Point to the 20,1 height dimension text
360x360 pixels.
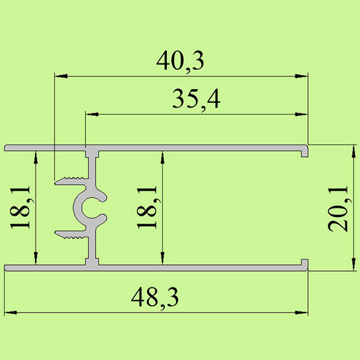[x=338, y=208]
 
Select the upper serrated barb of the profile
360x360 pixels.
[x=71, y=179]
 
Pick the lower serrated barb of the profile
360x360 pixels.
[x=71, y=233]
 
